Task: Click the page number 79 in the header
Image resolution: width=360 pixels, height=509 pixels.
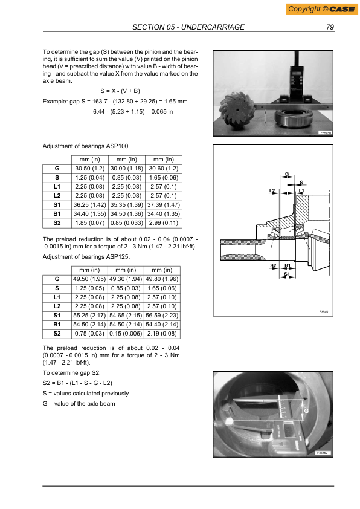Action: [330, 27]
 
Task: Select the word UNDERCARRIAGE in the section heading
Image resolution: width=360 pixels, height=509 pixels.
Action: [214, 27]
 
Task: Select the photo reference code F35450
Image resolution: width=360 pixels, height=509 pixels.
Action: [325, 132]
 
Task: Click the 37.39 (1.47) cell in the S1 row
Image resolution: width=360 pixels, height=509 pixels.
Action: [164, 205]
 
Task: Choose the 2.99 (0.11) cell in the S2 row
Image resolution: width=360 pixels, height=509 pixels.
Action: [164, 223]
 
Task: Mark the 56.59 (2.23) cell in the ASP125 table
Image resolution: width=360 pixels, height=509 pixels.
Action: [164, 315]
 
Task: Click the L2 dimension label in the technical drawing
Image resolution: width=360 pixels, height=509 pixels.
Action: [272, 191]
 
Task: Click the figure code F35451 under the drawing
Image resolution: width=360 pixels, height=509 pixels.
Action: [323, 311]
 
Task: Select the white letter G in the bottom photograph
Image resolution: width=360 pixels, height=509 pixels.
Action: [306, 410]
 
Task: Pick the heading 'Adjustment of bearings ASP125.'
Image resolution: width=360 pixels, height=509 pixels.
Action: [86, 256]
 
